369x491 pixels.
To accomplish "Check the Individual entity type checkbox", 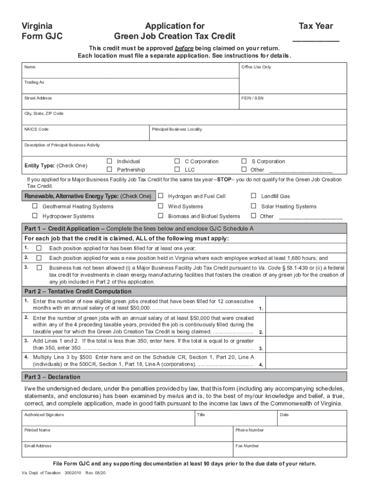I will point(109,161).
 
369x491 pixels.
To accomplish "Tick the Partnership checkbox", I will point(109,169).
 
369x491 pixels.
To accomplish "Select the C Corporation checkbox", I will point(177,161).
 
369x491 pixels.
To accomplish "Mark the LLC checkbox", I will point(177,169).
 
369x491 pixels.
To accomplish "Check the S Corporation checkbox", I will point(244,161).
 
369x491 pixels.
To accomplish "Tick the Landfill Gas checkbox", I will point(254,196).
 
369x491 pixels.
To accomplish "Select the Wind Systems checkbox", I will point(161,206).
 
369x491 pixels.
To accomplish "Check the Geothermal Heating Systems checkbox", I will point(35,206).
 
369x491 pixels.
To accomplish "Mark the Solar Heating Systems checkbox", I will point(254,206).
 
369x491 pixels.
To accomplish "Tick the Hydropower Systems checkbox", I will point(35,216).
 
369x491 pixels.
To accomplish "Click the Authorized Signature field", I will point(107,420).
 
